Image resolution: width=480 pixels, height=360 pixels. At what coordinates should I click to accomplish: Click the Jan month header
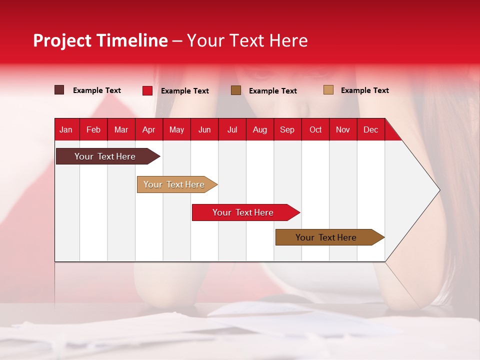66,129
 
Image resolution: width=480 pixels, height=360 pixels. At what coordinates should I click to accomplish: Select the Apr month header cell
148,129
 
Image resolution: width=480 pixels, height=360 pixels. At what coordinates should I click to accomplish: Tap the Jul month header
232,129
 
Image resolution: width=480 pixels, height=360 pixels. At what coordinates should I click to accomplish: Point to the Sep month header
287,129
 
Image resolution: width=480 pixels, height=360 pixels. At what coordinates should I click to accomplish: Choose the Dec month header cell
370,129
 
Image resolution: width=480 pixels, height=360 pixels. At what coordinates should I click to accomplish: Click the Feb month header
93,129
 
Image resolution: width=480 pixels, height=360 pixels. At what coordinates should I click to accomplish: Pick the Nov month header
342,129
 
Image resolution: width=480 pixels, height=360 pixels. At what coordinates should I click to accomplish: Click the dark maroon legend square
59,90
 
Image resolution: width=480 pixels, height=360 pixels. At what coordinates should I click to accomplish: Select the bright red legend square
147,90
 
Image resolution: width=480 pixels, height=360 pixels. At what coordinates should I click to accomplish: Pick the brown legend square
236,90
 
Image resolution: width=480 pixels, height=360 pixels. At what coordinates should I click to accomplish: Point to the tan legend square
328,90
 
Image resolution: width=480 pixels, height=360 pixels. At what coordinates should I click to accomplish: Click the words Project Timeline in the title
100,40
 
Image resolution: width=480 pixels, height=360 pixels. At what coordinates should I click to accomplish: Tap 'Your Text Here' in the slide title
247,40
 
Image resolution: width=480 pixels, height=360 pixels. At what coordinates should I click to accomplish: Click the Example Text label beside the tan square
364,90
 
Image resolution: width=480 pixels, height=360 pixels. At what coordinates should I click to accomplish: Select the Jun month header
204,129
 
